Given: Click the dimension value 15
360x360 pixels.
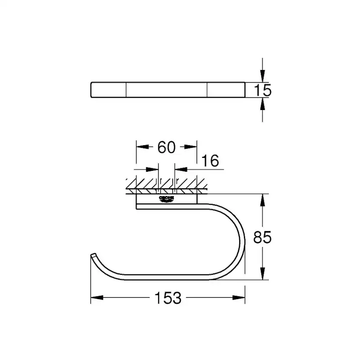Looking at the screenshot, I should [x=263, y=90].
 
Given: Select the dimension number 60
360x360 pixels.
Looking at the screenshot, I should [x=167, y=147].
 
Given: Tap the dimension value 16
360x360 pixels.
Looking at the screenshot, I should [x=210, y=161].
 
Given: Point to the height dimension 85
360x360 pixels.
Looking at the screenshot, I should [x=263, y=237].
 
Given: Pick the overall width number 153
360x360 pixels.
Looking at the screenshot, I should [x=168, y=298].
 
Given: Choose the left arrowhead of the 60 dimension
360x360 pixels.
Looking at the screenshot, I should [x=142, y=147].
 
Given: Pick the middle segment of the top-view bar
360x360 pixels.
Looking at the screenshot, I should [x=167, y=89].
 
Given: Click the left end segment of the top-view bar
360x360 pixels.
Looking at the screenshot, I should [x=108, y=89].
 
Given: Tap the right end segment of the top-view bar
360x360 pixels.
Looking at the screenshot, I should [x=226, y=89].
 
